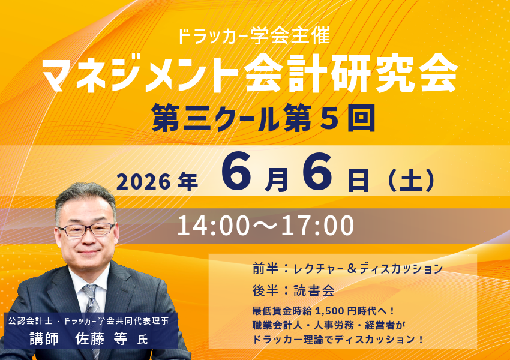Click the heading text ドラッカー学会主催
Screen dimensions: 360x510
click(254, 37)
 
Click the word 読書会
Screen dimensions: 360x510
click(313, 290)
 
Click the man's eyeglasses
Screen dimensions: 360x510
click(86, 229)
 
